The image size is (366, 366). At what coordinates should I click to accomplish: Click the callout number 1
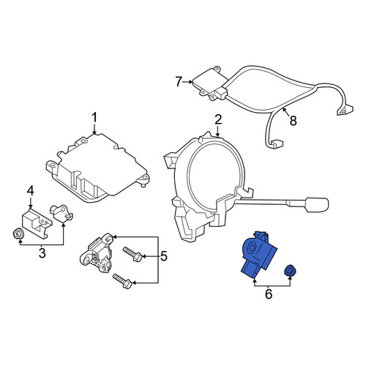pos(94,118)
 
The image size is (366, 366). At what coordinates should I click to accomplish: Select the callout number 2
pos(218,120)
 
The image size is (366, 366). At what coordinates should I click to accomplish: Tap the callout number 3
pos(42,253)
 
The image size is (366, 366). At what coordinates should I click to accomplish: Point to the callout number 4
pos(30,191)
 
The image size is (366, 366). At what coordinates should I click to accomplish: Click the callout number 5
pos(164,256)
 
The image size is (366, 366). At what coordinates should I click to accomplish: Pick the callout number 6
pos(269,294)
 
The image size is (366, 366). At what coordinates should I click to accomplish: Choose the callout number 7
pos(179,81)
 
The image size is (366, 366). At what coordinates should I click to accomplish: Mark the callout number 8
pos(293,120)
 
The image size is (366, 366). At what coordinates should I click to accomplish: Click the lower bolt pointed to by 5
pos(122,281)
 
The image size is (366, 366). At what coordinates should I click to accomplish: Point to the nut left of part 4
pos(18,234)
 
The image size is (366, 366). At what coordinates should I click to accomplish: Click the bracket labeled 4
pos(37,222)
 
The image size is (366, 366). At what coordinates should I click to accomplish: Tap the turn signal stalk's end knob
pos(316,204)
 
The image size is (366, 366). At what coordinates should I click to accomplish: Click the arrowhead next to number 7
pos(190,82)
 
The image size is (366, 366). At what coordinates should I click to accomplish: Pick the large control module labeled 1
pos(97,167)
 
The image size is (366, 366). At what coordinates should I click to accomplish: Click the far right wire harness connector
pos(346,110)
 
